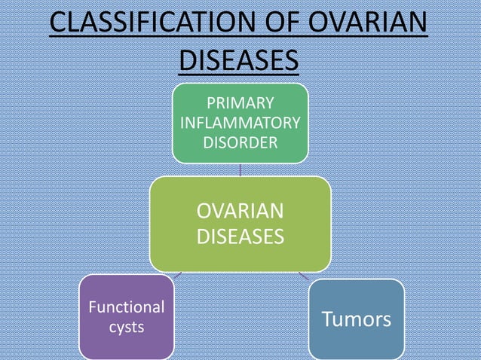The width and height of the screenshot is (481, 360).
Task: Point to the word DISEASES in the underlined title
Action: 239,59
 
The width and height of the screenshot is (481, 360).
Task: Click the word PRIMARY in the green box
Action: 240,103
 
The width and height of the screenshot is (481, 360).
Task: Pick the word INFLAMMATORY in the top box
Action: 240,123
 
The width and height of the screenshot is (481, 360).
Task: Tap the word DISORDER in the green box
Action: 240,142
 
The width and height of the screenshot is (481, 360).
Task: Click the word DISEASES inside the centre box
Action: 240,237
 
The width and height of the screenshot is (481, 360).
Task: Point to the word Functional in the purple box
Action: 126,307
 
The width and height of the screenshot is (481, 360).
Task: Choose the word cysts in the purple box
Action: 126,328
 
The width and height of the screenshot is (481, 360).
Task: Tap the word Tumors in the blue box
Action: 357,319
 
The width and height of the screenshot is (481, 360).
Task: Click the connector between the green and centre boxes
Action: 240,170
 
